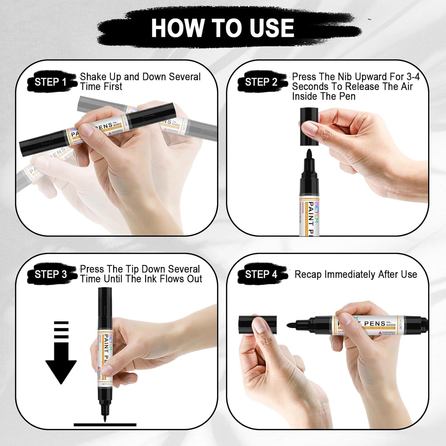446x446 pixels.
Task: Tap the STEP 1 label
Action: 50,82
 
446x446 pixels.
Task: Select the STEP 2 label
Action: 261,82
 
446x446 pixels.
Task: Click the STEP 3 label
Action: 51,274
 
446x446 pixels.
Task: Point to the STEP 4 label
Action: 261,274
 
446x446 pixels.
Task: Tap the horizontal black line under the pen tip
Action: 105,425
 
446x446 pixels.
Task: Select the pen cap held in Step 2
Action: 309,127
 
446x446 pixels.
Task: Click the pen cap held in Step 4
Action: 257,325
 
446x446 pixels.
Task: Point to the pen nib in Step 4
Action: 292,325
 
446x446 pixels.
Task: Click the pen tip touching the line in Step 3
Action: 105,418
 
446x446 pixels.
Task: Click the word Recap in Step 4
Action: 308,274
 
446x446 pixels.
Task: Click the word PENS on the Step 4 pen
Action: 374,324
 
